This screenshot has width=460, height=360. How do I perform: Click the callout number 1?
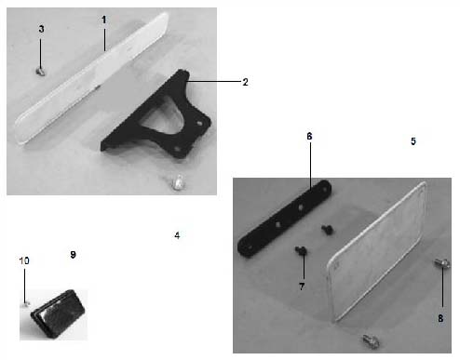[104, 20]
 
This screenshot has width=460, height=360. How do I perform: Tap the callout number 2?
[245, 82]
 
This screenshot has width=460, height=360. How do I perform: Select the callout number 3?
[41, 29]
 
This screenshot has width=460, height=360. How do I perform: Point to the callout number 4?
[177, 235]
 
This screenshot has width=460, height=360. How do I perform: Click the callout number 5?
[413, 141]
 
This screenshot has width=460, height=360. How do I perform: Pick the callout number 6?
[309, 136]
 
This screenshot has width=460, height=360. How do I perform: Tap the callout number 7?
[302, 287]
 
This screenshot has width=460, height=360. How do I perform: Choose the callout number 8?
[440, 318]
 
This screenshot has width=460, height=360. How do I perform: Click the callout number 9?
[73, 255]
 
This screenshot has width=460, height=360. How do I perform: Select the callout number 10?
[24, 260]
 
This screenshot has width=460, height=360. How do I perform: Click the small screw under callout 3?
[41, 72]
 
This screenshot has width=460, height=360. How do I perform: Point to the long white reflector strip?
[92, 79]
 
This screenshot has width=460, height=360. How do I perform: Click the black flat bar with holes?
[284, 219]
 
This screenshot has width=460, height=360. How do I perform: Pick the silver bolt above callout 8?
[442, 263]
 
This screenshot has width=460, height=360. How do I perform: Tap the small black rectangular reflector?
[58, 313]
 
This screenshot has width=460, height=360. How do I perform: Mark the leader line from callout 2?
[214, 81]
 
